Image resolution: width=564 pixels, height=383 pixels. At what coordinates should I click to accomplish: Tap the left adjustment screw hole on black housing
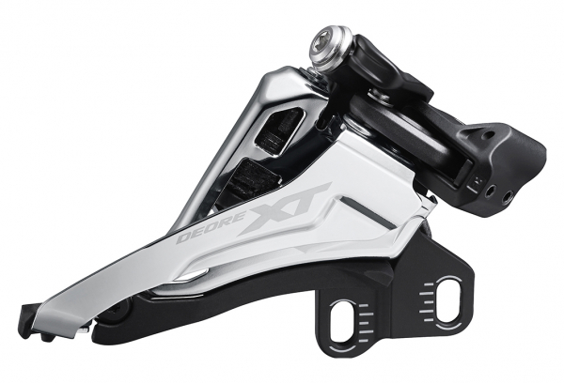(x=491, y=191)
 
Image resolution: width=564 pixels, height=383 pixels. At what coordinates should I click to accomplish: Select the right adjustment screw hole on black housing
(x=507, y=196)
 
